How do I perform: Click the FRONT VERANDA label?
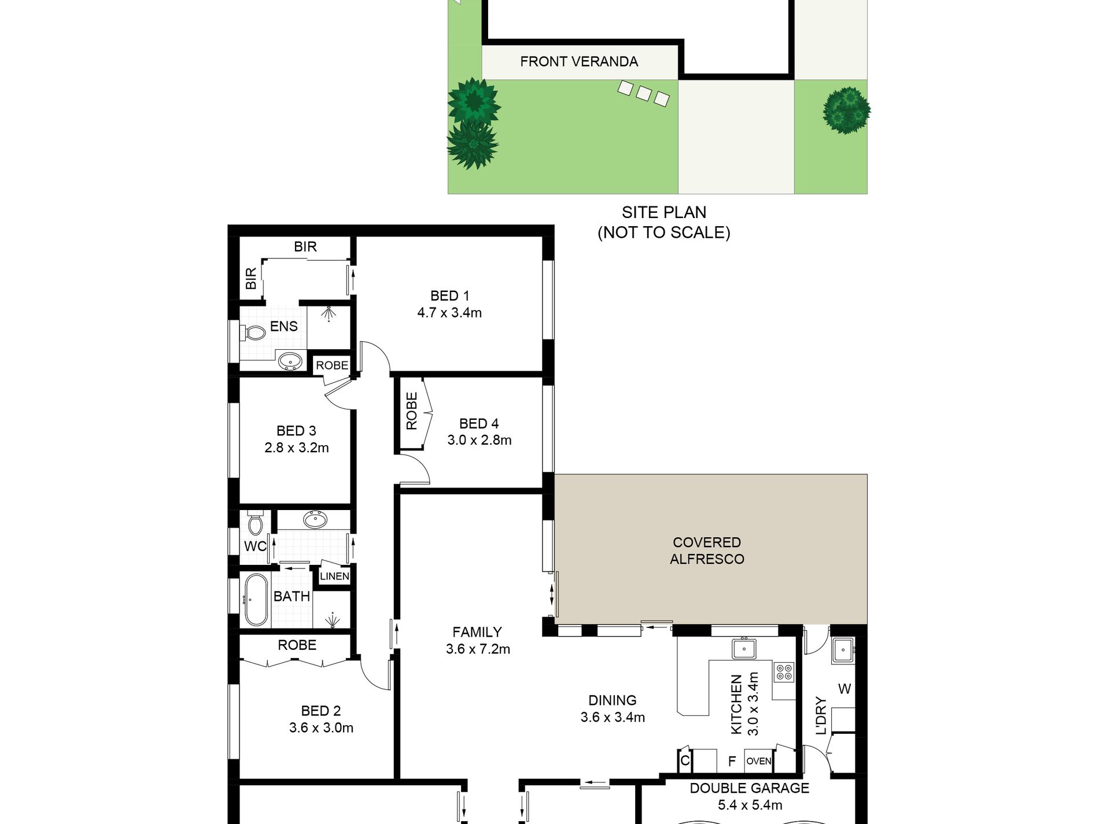click(578, 61)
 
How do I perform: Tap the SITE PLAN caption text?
click(663, 212)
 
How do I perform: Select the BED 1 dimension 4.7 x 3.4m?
click(449, 313)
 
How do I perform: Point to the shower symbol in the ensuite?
click(329, 314)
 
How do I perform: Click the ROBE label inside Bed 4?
click(411, 411)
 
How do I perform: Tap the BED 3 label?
click(296, 431)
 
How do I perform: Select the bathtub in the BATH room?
click(255, 601)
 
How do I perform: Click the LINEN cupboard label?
click(334, 576)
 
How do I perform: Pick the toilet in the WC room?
click(255, 524)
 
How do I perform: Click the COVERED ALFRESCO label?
click(707, 550)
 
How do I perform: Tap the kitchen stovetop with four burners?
click(784, 672)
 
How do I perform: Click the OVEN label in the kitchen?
click(758, 761)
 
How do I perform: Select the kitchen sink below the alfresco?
click(743, 649)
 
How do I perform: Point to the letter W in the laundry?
click(844, 689)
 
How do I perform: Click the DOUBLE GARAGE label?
click(749, 788)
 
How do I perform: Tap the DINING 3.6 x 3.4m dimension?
click(613, 718)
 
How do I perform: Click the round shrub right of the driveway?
click(846, 110)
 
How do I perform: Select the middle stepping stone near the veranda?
click(644, 93)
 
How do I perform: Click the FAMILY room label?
click(477, 632)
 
